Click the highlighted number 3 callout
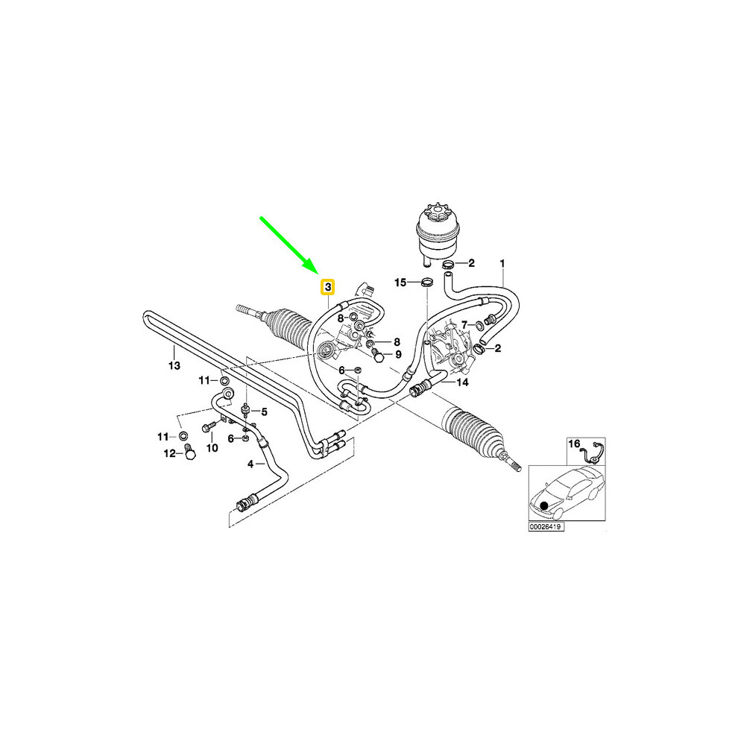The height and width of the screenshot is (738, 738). (327, 287)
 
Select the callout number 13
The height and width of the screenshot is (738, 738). (174, 365)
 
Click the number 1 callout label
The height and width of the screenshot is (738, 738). (502, 264)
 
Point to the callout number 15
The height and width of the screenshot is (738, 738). (400, 283)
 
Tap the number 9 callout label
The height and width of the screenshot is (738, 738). (398, 354)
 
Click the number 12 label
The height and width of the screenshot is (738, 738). (169, 453)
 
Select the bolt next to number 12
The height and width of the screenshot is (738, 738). (189, 452)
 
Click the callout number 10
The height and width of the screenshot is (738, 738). (212, 447)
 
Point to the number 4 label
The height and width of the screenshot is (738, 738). (250, 464)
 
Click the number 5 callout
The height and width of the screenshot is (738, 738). (264, 412)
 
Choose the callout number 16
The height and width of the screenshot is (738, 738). (574, 444)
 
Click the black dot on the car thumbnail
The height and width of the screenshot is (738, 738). (544, 506)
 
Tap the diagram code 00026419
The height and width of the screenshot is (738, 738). (546, 527)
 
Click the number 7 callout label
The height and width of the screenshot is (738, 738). (464, 325)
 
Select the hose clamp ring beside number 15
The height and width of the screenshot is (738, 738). (427, 283)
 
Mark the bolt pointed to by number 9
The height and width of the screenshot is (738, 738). (377, 356)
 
